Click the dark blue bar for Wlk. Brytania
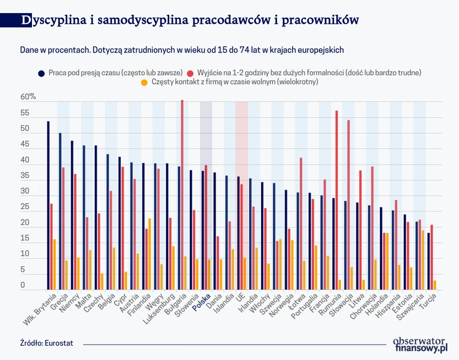point(48,205)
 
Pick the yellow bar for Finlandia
point(149,254)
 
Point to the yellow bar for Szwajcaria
point(423,260)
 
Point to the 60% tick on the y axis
point(29,97)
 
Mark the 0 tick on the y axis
point(23,285)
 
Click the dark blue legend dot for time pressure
point(42,73)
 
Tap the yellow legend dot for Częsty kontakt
point(144,83)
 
